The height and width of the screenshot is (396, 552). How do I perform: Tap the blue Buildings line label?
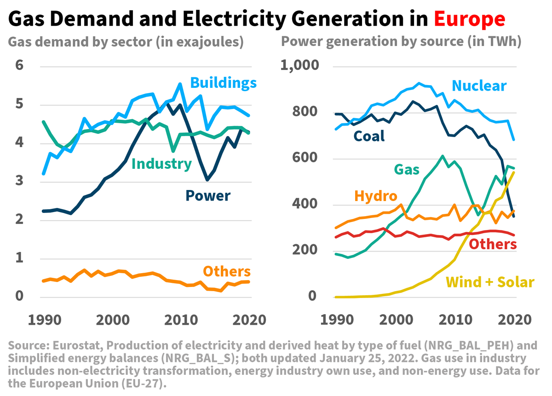tap(223, 83)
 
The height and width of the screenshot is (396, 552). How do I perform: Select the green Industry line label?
tap(161, 164)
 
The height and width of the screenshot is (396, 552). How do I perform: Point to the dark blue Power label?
tap(208, 195)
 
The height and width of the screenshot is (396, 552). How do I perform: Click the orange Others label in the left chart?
tap(227, 271)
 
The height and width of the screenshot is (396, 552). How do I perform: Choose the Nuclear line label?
tap(479, 86)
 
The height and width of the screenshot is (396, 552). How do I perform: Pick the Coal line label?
tap(369, 136)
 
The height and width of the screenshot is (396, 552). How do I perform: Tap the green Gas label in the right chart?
tap(406, 169)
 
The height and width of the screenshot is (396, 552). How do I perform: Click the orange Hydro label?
tap(375, 196)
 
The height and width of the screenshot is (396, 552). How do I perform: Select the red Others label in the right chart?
tap(493, 244)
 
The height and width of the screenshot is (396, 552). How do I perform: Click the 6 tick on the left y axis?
tap(19, 66)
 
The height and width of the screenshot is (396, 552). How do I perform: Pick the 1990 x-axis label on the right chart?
tap(335, 319)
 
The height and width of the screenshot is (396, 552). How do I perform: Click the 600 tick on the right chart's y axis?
tap(306, 159)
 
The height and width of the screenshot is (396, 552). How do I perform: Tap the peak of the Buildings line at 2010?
tap(180, 84)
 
